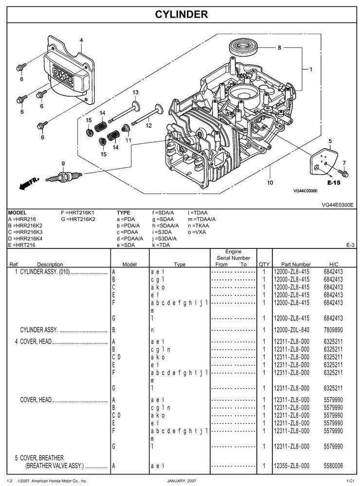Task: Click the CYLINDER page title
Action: [x=181, y=15]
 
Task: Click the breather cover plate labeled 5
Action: [x=321, y=163]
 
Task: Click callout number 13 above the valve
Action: [x=135, y=92]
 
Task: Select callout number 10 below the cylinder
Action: [x=270, y=183]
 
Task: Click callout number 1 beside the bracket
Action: [x=310, y=69]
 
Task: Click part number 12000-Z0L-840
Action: [x=292, y=330]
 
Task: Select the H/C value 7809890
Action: [x=333, y=330]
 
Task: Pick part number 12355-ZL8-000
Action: [x=292, y=466]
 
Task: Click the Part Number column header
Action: [x=292, y=264]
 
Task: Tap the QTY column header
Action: [x=264, y=264]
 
